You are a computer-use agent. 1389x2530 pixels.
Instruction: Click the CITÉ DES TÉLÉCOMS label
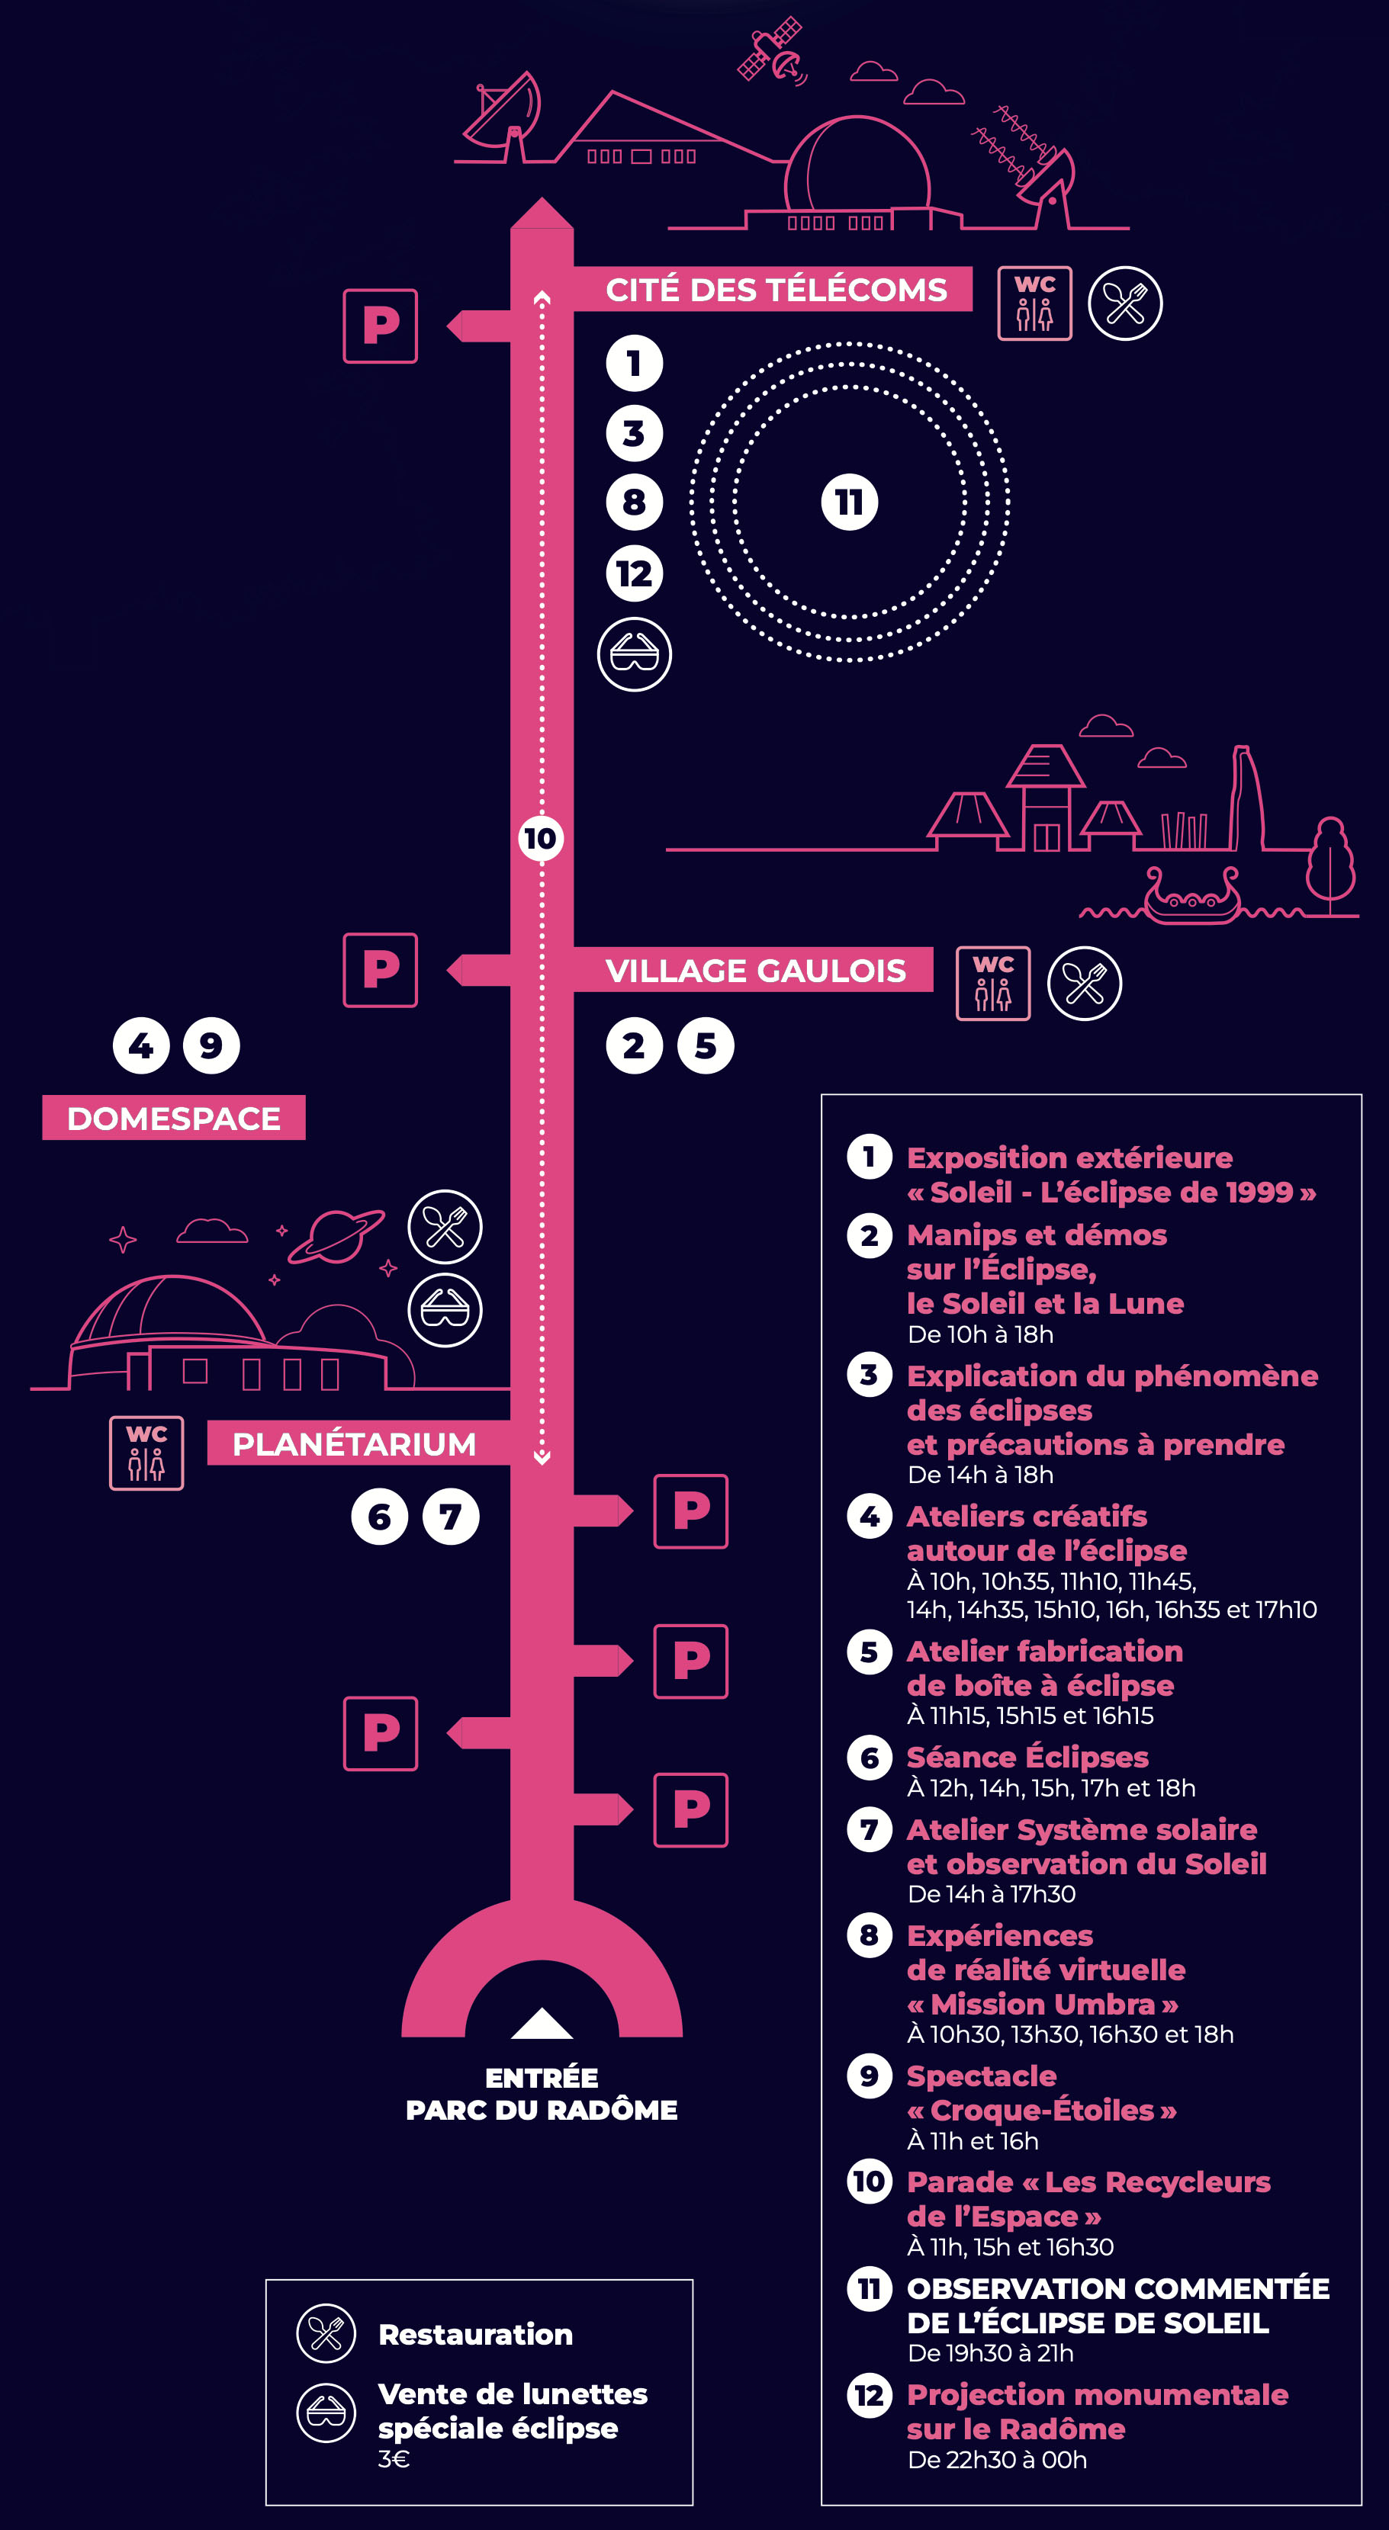click(775, 290)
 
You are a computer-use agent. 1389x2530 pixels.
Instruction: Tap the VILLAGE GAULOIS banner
click(754, 971)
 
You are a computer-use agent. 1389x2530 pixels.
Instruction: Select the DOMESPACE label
click(174, 1118)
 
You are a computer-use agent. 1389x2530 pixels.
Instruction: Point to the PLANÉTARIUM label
click(354, 1443)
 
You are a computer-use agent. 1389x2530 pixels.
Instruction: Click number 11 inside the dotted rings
click(850, 502)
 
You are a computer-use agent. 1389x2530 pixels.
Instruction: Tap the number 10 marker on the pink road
click(540, 839)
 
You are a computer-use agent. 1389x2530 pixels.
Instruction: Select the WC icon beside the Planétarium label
click(146, 1453)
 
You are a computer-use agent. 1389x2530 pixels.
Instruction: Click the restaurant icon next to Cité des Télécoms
click(1126, 303)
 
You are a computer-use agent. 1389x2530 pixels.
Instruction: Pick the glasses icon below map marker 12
click(635, 654)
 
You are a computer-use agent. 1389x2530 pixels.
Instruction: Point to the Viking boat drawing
click(1191, 896)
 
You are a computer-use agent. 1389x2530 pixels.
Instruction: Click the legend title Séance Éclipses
click(1027, 1757)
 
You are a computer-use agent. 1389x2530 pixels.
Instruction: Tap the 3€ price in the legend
click(394, 2458)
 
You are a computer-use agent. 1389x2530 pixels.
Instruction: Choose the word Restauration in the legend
click(475, 2335)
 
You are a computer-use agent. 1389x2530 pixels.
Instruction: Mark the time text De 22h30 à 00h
click(997, 2459)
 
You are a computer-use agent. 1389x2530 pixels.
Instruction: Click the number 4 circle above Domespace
click(141, 1045)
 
